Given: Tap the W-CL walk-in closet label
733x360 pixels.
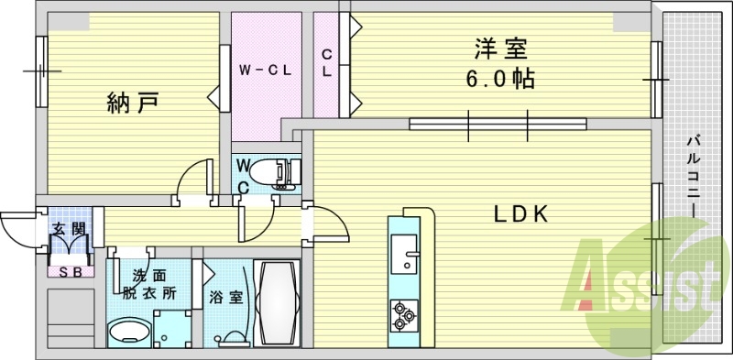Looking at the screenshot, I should coord(266,69).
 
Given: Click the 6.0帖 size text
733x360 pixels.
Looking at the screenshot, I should coord(498,77).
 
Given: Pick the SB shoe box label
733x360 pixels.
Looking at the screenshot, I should coord(68,271).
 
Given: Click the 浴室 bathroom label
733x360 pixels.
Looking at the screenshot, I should coord(224,297).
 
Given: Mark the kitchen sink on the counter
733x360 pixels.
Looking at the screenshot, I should coord(404,252).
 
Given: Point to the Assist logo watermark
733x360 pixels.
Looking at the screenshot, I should coord(641,284).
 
